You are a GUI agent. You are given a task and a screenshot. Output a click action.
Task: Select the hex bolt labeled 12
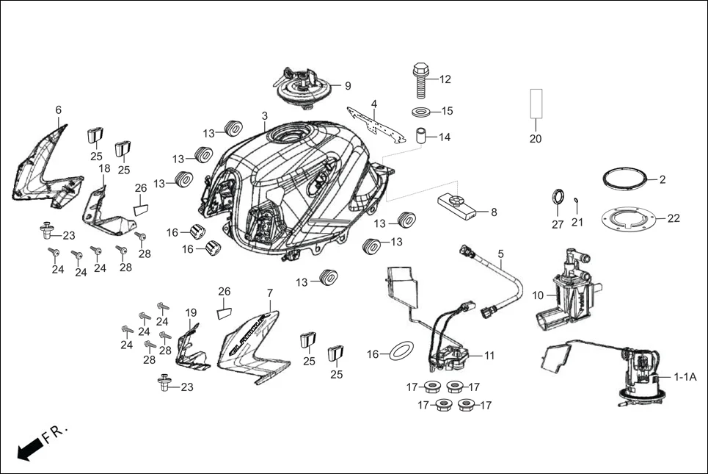tap(420, 81)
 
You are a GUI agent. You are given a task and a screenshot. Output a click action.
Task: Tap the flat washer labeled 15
tap(422, 112)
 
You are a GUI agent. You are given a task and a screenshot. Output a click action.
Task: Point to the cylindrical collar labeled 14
tap(423, 137)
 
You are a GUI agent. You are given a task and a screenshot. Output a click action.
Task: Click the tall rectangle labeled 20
tap(536, 104)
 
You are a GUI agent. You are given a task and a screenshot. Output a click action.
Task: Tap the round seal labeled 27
tap(558, 199)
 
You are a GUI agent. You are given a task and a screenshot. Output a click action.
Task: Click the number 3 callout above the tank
tap(265, 116)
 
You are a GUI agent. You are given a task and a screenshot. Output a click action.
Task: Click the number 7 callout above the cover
tap(269, 292)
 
